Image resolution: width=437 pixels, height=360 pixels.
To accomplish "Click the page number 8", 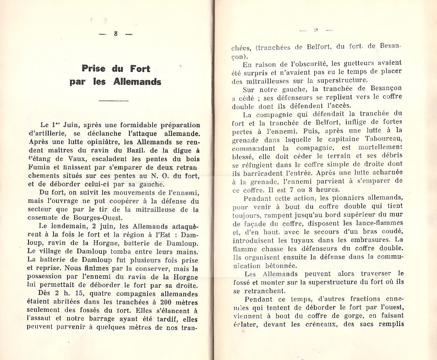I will point(116,34).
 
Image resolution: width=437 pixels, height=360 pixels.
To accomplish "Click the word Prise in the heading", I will point(93,68).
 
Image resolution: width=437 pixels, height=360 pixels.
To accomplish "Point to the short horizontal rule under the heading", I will point(114,101).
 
